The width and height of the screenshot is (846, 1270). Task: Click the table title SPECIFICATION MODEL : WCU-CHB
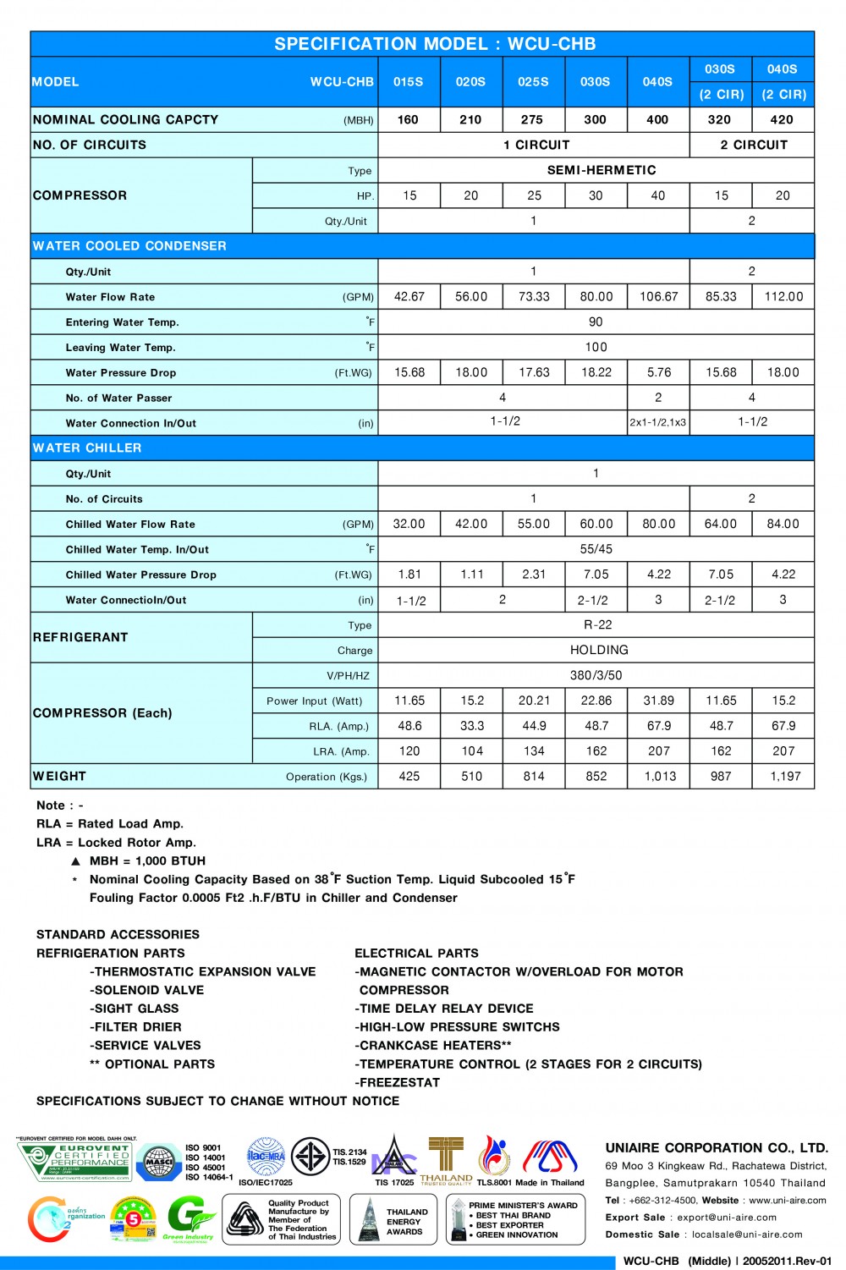click(x=435, y=44)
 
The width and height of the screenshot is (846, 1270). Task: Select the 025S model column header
click(x=533, y=82)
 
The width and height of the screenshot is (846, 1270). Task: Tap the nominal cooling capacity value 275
click(x=533, y=119)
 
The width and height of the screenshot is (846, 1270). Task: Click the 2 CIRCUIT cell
click(x=753, y=145)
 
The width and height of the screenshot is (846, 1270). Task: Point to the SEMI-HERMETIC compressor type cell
click(x=602, y=170)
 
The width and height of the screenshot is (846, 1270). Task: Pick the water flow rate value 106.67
click(x=659, y=297)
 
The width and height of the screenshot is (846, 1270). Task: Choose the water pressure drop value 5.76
click(x=659, y=372)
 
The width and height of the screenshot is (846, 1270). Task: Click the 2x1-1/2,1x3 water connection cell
click(x=658, y=423)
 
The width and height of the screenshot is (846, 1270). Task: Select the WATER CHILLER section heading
click(x=87, y=448)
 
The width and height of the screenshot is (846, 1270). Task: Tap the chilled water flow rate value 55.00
click(x=534, y=524)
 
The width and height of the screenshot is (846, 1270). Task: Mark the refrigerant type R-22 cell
click(x=597, y=624)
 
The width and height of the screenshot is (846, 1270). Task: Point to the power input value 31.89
click(x=659, y=701)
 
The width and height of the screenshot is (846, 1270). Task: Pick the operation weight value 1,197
click(x=784, y=777)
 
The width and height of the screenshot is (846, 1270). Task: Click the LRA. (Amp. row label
click(x=341, y=751)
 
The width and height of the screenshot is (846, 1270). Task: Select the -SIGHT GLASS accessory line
click(x=135, y=1009)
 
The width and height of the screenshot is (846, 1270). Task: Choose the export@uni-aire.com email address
click(x=727, y=1218)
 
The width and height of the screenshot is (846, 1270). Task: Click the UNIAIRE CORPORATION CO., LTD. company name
click(x=717, y=1148)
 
